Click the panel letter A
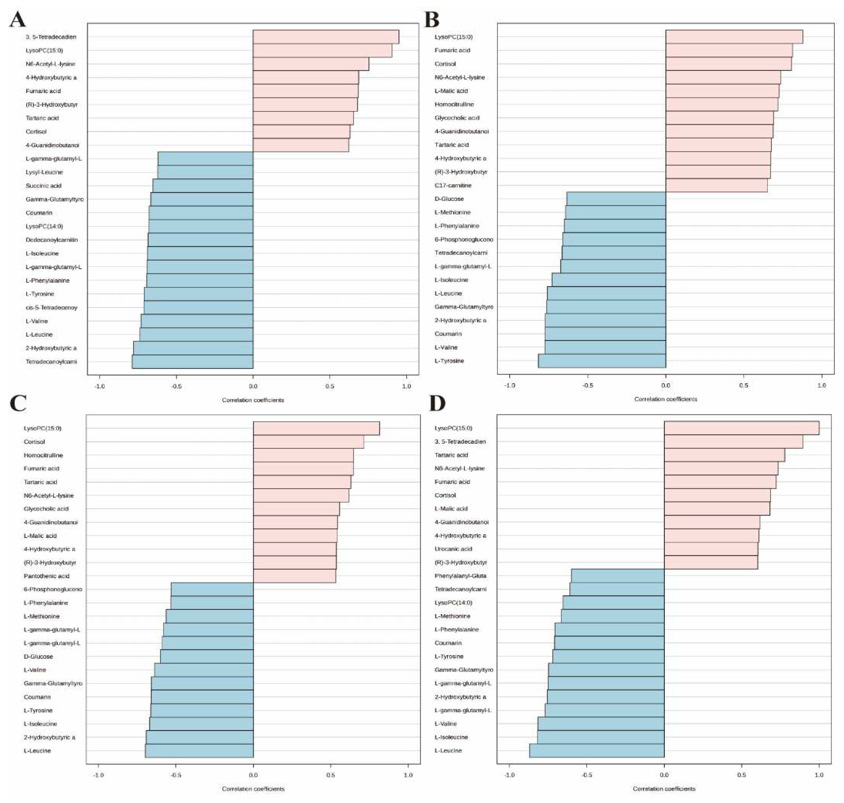[18, 19]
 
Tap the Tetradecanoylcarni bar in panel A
[192, 362]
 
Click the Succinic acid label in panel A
[44, 186]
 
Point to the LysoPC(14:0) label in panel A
[45, 226]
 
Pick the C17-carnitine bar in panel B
[716, 185]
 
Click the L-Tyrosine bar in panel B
[602, 361]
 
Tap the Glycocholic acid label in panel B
[457, 118]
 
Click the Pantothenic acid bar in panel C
[294, 576]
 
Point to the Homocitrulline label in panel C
[43, 455]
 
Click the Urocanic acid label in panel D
[453, 549]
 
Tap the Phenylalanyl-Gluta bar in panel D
[617, 576]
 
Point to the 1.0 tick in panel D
[818, 775]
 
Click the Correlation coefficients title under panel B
[665, 399]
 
